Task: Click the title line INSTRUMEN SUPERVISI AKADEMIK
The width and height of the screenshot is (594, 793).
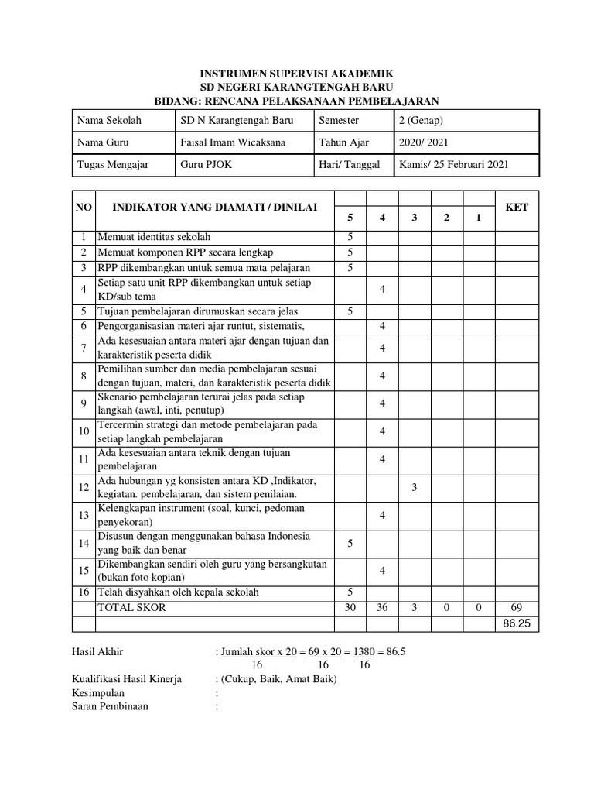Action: click(297, 74)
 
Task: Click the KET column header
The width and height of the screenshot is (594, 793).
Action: click(516, 208)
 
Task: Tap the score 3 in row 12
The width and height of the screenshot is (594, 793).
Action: click(414, 487)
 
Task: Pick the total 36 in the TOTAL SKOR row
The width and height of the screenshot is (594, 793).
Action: click(382, 608)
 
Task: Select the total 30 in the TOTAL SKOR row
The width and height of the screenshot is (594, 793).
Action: click(350, 608)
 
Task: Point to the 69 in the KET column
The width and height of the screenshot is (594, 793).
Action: click(516, 608)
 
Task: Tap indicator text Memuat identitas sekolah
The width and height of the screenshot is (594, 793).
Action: click(154, 237)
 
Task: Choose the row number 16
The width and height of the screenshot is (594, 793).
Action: click(84, 592)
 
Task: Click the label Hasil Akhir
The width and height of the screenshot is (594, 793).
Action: click(97, 652)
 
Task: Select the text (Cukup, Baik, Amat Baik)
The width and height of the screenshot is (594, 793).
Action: click(278, 679)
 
